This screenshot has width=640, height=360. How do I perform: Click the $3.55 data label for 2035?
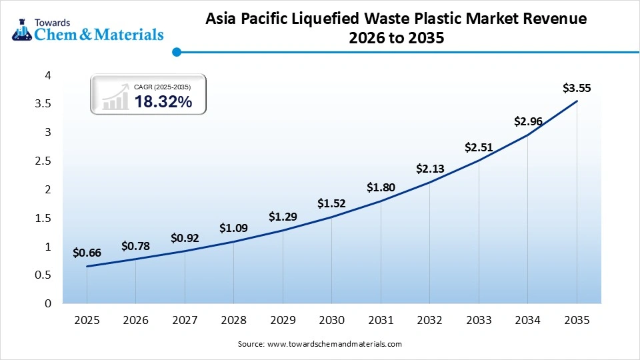[x=577, y=88]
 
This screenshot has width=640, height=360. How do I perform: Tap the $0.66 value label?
[x=87, y=253]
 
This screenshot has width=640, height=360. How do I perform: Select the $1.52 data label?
[x=332, y=203]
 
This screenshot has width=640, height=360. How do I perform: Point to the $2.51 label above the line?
[x=479, y=147]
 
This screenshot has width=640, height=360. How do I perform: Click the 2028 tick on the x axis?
[x=234, y=321]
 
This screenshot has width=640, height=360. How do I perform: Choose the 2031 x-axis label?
[x=381, y=321]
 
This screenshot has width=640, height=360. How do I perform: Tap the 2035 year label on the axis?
[x=577, y=321]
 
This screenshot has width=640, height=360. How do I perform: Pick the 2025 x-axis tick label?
[x=87, y=321]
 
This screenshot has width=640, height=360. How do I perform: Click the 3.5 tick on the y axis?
[x=43, y=104]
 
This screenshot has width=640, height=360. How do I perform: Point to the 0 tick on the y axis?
[x=48, y=303]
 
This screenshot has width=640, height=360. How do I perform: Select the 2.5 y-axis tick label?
[x=43, y=161]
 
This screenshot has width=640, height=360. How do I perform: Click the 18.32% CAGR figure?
[x=163, y=102]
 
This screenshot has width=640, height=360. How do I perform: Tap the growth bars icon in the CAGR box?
[x=115, y=97]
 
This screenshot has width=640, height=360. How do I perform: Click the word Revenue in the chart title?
[x=553, y=19]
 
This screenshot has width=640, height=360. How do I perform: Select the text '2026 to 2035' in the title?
[x=396, y=39]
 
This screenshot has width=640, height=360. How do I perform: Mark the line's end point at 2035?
[x=577, y=101]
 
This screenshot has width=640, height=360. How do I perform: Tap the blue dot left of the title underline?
[x=176, y=51]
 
